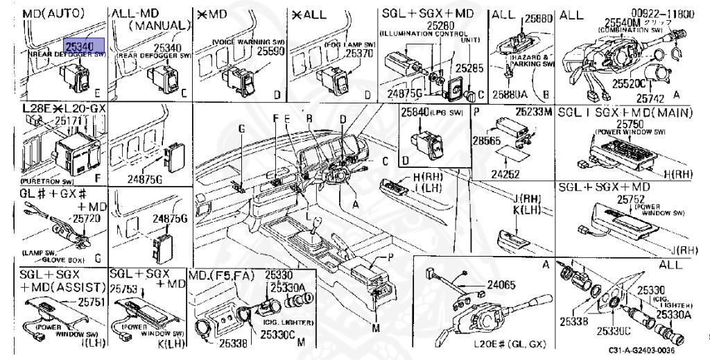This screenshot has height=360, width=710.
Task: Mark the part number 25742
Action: (652, 99)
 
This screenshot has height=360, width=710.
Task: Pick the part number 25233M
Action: (532, 112)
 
